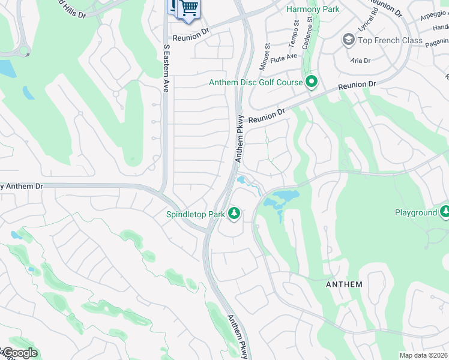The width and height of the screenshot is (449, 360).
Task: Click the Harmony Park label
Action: (312, 9)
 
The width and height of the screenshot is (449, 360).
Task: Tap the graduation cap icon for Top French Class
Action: (348, 40)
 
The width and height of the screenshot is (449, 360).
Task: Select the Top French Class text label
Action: (390, 40)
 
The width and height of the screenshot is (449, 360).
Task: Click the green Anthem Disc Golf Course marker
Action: (311, 82)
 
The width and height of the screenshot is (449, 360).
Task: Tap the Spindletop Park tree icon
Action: (234, 214)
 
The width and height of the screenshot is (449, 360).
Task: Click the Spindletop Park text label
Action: (196, 214)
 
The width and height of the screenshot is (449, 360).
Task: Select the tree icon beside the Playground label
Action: (445, 212)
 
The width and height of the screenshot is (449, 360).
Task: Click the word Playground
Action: (415, 213)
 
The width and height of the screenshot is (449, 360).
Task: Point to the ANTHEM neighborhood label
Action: (344, 284)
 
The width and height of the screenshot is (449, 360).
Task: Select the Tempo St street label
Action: (296, 30)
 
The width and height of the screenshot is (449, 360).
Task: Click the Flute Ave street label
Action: (284, 58)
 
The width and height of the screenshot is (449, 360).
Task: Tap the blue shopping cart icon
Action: (189, 7)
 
